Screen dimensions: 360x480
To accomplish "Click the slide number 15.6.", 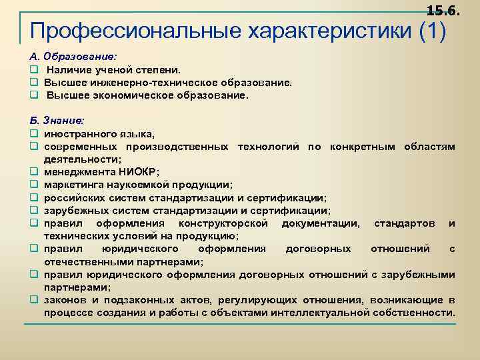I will click(443, 9).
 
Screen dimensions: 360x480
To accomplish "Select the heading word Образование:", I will click(79, 57).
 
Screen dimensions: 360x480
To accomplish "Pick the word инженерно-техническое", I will click(145, 83).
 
